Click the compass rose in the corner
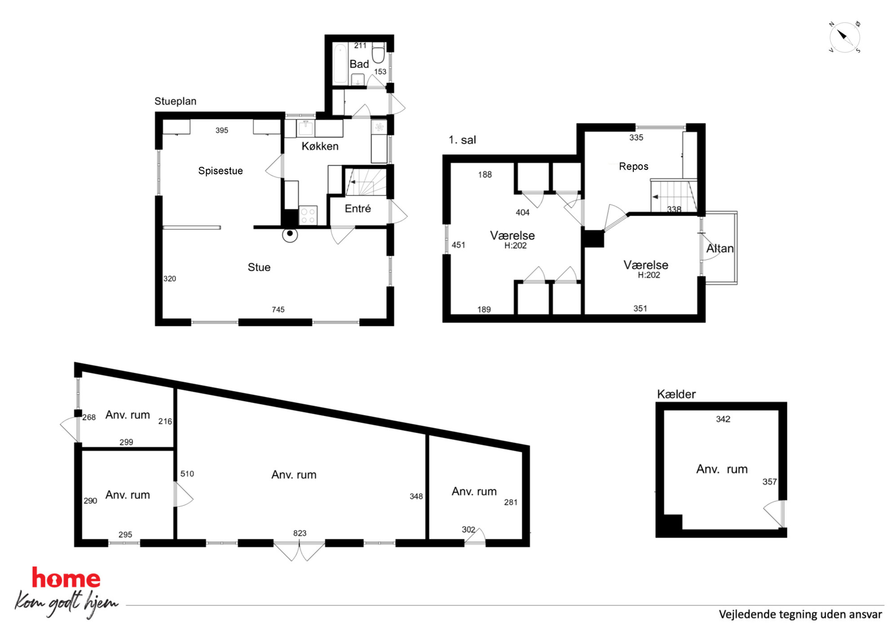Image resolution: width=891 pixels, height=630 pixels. (x=844, y=37)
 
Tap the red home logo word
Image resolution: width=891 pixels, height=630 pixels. (x=66, y=578)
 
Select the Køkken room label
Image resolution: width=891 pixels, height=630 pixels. (x=320, y=146)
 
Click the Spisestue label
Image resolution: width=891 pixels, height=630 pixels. (x=221, y=171)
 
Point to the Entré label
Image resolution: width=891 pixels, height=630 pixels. (x=358, y=208)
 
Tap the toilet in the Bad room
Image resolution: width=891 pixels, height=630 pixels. (x=378, y=53)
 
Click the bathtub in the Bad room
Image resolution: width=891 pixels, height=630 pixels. (x=340, y=64)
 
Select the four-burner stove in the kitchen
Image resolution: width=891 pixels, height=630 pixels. (x=308, y=215)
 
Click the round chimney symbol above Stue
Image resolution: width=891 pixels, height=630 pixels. (x=290, y=234)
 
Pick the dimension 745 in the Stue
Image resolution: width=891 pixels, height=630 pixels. (x=278, y=309)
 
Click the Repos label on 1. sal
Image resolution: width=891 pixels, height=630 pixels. (x=634, y=167)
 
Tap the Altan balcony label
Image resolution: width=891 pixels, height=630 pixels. (x=720, y=248)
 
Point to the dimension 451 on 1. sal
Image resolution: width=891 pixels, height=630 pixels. (x=459, y=245)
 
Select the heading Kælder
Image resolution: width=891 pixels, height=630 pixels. (x=676, y=394)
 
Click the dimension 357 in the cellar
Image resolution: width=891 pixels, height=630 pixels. (x=769, y=482)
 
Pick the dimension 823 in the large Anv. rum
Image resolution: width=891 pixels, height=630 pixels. (x=300, y=533)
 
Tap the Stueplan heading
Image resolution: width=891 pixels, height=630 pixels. (x=176, y=101)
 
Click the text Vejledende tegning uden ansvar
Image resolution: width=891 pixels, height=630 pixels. (x=800, y=614)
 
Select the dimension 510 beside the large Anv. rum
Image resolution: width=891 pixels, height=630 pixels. (x=187, y=474)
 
